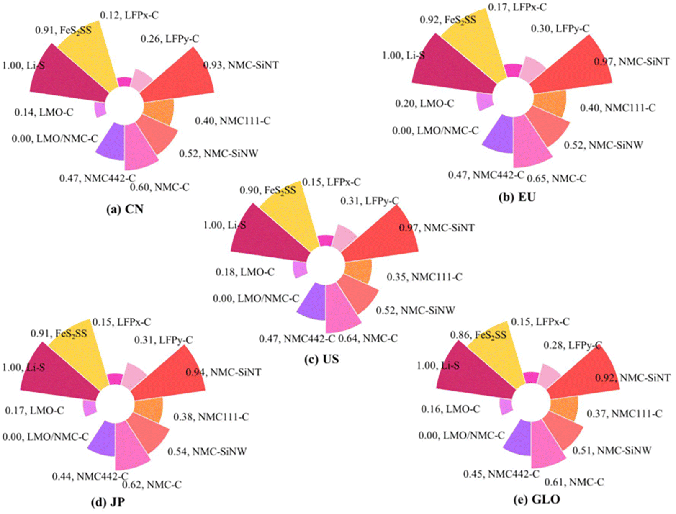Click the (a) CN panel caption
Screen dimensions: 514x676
click(125, 209)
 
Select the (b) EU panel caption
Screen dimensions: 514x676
click(517, 197)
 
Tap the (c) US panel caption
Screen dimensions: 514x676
click(321, 359)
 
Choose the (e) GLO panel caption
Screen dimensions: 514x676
click(537, 499)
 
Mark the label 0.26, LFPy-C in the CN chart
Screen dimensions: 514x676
click(170, 39)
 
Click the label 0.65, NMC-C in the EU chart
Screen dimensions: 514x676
click(556, 179)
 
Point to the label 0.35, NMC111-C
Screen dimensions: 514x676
click(424, 277)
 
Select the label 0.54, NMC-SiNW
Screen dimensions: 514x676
click(207, 452)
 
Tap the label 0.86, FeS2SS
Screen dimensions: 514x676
click(478, 335)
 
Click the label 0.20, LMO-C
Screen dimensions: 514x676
click(424, 103)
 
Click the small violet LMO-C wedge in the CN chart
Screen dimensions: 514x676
click(100, 110)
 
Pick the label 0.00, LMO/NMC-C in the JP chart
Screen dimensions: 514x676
click(45, 437)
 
